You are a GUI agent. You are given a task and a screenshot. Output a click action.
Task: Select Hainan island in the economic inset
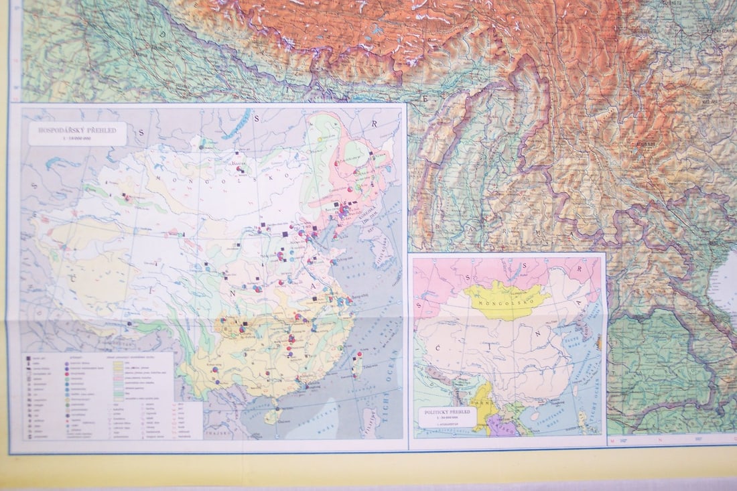271,416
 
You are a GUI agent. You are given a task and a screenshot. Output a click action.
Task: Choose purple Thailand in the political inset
500,426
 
